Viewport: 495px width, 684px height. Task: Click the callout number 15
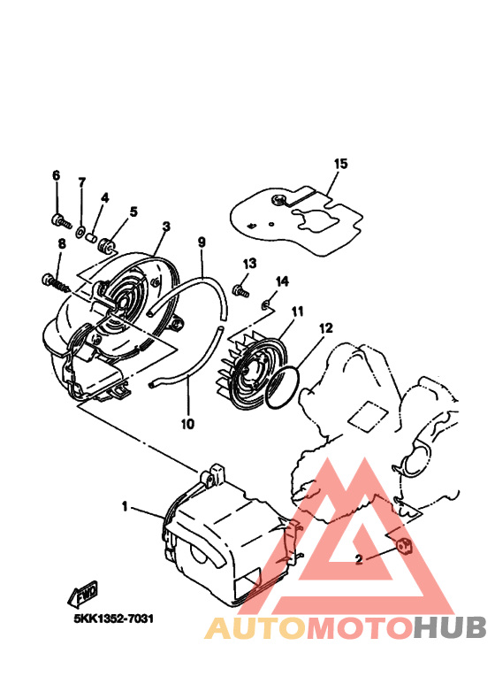click(x=341, y=164)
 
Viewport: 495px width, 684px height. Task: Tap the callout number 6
click(x=56, y=176)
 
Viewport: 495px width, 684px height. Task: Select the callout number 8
click(x=61, y=244)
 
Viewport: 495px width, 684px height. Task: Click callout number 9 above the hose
click(x=202, y=242)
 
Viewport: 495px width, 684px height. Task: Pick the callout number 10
click(x=187, y=424)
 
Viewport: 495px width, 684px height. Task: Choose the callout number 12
click(x=325, y=327)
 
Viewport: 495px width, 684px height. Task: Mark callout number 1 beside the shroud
click(x=125, y=507)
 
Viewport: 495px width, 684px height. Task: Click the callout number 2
click(x=359, y=559)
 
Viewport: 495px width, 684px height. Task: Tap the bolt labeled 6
click(x=58, y=219)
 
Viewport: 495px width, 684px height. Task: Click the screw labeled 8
click(x=52, y=282)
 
